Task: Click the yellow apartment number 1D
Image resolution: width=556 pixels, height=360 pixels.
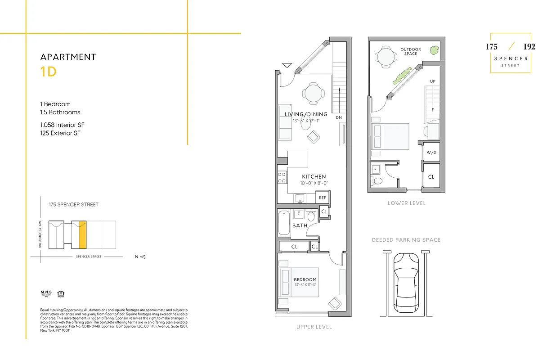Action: (49, 72)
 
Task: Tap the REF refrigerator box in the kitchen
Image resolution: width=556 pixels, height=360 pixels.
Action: (322, 198)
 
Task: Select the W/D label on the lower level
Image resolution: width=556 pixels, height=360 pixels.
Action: (431, 153)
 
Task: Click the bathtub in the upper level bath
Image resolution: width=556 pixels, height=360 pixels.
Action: (284, 222)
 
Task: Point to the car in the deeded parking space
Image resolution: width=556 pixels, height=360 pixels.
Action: (406, 284)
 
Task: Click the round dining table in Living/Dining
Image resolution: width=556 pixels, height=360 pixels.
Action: (313, 94)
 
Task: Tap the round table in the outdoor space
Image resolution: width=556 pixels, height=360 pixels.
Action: (386, 57)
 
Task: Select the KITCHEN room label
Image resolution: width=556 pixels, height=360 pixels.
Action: (314, 177)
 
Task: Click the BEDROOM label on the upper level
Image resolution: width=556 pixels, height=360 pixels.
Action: (305, 279)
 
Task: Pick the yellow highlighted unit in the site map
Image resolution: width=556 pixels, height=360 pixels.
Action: (82, 234)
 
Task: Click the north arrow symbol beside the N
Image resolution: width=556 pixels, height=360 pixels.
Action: (143, 257)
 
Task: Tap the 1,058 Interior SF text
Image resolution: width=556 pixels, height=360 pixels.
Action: (62, 125)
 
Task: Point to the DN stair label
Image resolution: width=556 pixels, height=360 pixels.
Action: (339, 118)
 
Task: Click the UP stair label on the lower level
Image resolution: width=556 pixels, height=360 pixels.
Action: (432, 81)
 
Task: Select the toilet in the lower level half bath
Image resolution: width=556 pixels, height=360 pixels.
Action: (377, 181)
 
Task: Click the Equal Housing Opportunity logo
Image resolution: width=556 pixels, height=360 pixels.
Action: (61, 294)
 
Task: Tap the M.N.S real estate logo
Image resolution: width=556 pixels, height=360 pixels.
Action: (46, 294)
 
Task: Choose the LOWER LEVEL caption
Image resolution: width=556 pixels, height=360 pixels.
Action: (406, 203)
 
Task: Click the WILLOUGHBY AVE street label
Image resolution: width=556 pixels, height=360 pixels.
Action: (40, 234)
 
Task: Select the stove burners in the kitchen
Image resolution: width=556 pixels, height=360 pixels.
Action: (282, 177)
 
